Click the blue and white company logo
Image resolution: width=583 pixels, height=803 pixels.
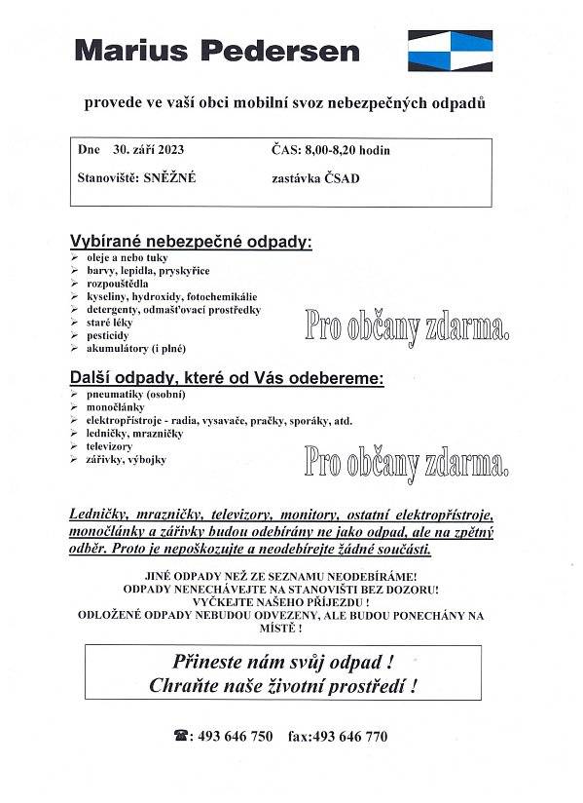tap(449, 50)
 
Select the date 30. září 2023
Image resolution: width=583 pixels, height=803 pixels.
tap(148, 151)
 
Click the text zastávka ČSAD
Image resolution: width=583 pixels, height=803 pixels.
tap(316, 178)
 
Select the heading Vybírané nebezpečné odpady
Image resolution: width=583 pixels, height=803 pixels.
tap(191, 242)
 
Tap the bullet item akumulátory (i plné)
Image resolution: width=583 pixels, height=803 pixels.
tap(136, 347)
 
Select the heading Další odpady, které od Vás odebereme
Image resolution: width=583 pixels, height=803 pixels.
tap(227, 376)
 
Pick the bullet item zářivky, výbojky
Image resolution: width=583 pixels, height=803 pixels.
tap(127, 459)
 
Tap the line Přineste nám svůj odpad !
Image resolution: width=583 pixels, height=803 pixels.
tap(283, 662)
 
